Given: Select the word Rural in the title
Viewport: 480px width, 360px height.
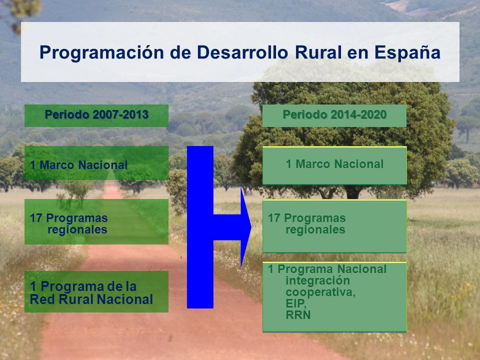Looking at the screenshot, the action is tap(318, 52).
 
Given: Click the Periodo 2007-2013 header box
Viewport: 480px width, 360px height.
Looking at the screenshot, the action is tap(96, 115).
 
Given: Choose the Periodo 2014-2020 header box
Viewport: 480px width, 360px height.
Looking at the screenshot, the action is tap(334, 115).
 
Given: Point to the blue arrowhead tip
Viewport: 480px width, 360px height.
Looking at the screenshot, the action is tap(251, 227).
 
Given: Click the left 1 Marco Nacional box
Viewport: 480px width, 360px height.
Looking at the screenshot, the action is tap(96, 163).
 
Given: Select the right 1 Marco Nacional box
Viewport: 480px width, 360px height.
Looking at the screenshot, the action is tap(334, 165).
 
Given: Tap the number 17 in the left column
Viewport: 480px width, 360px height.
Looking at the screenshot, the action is tap(36, 218).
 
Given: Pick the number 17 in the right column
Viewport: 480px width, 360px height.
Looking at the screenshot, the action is tap(274, 218).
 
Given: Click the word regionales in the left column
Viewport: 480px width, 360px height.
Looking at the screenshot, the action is tap(77, 230).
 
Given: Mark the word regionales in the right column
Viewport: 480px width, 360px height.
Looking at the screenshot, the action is tap(315, 230).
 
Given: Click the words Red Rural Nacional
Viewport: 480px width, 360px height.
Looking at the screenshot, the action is tap(91, 299).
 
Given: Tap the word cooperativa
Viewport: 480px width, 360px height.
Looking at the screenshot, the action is tap(320, 292).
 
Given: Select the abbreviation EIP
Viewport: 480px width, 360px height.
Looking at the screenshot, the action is tap(296, 303).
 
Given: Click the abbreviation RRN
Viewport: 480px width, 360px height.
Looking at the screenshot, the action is tap(298, 315).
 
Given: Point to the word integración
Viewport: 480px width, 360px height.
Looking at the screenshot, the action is tap(318, 280).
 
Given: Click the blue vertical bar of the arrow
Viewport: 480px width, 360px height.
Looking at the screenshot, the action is tap(200, 227).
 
